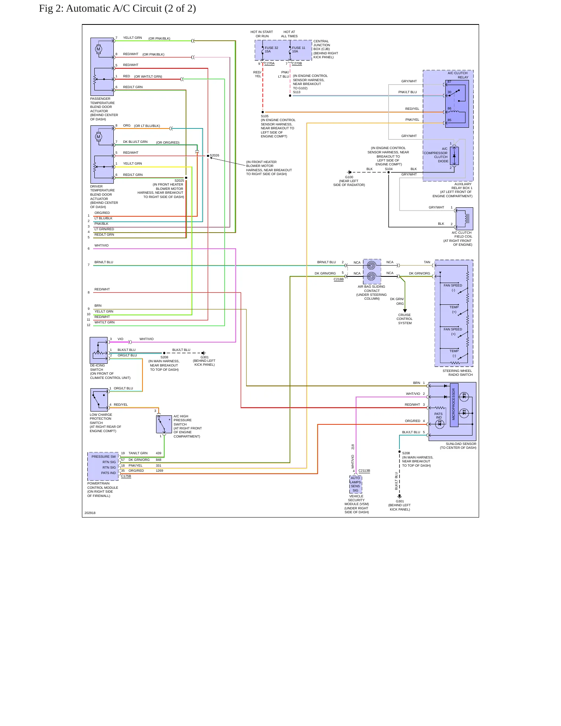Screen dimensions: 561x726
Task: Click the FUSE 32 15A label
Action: point(271,50)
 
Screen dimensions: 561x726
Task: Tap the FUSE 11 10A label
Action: point(299,50)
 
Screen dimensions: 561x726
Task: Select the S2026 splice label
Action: point(215,155)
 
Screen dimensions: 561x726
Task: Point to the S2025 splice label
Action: point(179,181)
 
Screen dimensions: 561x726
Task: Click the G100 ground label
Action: point(349,177)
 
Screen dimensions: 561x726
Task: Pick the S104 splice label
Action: point(389,169)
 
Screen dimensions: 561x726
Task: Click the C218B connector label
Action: point(339,279)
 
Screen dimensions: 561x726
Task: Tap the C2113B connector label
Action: point(364,471)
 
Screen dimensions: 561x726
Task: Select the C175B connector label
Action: point(126,476)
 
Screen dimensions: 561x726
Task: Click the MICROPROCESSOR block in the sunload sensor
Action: point(454,405)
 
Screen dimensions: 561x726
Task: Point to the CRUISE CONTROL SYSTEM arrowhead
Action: point(405,311)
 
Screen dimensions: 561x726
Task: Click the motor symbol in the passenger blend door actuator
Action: point(98,49)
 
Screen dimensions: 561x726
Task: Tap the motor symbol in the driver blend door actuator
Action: point(98,137)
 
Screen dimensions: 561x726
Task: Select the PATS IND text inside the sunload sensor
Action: point(438,416)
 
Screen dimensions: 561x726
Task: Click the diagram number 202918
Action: point(90,513)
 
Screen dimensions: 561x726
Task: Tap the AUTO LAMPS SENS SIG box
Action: point(356,484)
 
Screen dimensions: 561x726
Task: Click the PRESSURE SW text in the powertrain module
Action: point(104,457)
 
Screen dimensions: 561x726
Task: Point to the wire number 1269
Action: point(160,471)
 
